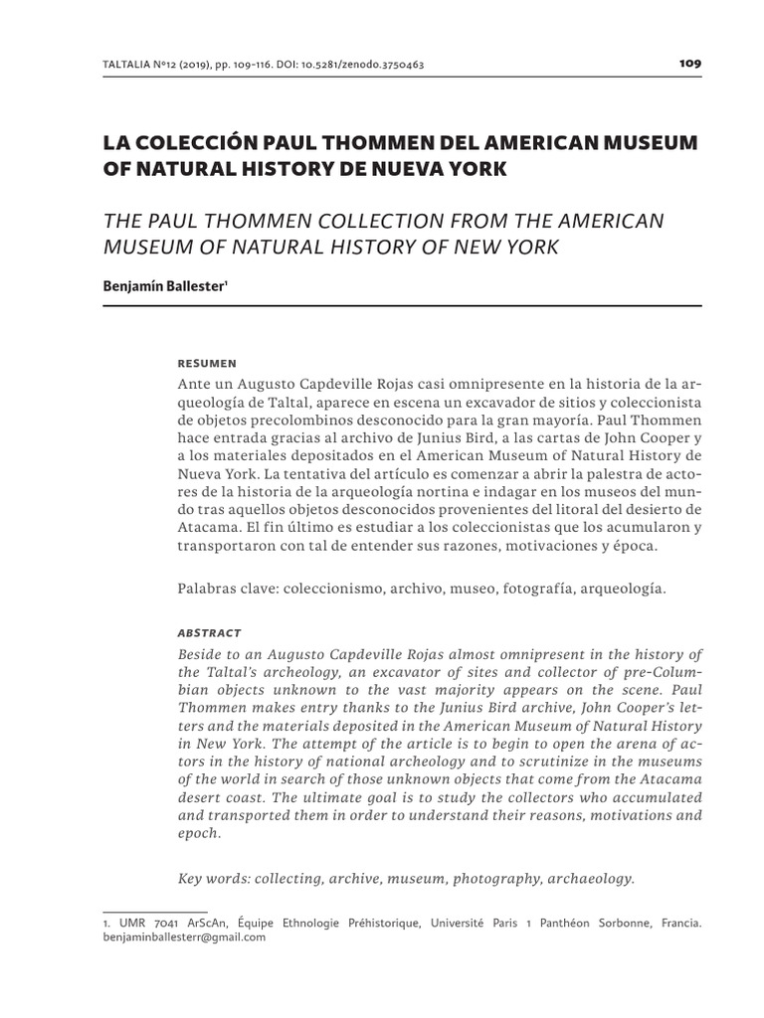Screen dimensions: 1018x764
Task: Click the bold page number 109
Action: coord(690,63)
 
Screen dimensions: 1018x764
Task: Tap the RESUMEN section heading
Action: coord(206,363)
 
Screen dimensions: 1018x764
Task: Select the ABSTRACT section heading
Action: coord(209,632)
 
